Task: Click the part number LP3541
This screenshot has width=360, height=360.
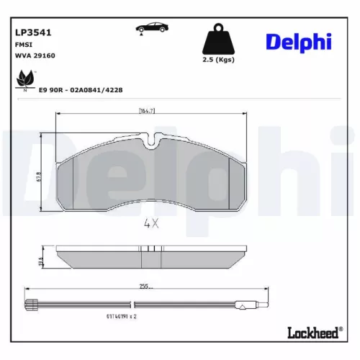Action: click(30, 32)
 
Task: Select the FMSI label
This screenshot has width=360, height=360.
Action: click(22, 44)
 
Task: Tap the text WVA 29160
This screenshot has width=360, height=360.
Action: click(35, 55)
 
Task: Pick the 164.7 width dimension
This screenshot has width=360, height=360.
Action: click(149, 110)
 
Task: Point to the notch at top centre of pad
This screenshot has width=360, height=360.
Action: click(152, 142)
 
